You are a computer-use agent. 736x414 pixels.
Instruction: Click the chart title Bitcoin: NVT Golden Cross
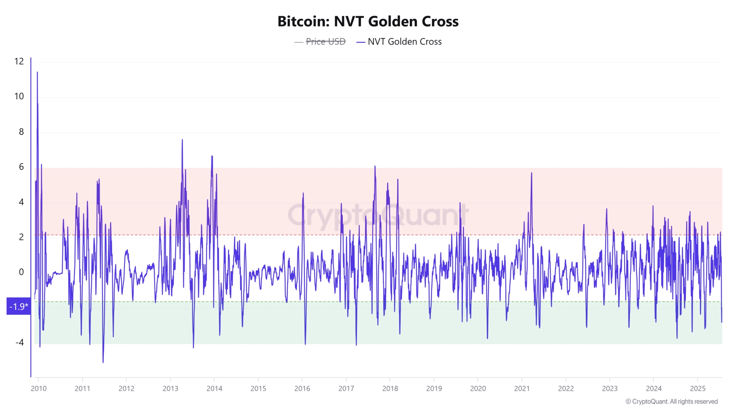(x=368, y=22)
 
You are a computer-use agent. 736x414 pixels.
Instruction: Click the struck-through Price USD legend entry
(x=325, y=42)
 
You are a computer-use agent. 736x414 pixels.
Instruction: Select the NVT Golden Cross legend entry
(x=404, y=42)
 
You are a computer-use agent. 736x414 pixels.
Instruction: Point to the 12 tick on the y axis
(x=19, y=61)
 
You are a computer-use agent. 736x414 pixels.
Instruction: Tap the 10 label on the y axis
(x=19, y=96)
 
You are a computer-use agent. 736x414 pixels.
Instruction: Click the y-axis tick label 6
(x=21, y=167)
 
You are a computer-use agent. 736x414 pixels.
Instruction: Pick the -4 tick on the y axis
(x=19, y=342)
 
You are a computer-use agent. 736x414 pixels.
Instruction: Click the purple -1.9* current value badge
(x=18, y=307)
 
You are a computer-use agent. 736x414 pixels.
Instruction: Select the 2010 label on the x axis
(x=38, y=388)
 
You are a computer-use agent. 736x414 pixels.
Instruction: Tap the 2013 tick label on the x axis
(x=170, y=388)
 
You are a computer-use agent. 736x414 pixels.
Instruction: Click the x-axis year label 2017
(x=346, y=388)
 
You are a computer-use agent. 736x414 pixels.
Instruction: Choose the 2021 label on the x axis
(x=522, y=388)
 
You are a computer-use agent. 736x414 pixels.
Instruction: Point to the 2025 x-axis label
(x=698, y=388)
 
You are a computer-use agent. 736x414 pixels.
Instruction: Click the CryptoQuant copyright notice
(x=671, y=401)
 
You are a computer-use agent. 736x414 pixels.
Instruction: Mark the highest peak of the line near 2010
(x=37, y=73)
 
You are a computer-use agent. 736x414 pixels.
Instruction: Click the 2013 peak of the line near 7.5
(x=182, y=140)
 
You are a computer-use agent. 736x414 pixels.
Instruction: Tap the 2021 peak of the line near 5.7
(x=532, y=173)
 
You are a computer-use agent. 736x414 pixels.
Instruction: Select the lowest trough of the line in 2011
(x=103, y=362)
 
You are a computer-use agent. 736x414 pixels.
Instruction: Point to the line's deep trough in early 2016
(x=305, y=344)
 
